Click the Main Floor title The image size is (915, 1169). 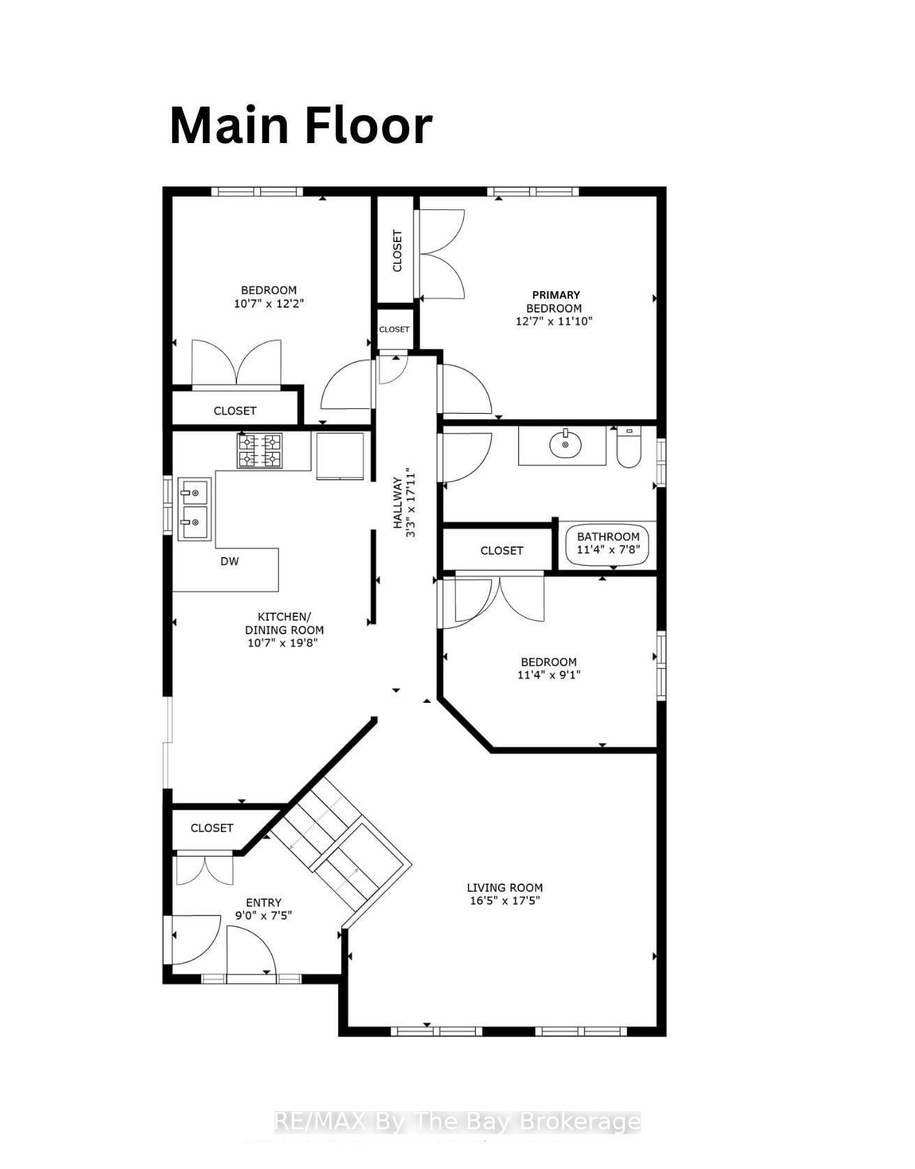301,126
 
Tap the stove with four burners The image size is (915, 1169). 259,450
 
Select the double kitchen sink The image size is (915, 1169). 194,509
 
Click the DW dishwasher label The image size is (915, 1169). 229,561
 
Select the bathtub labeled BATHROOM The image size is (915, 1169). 607,543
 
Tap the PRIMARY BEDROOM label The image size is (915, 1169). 554,301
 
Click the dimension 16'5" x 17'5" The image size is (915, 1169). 505,901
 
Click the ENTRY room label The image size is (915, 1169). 264,902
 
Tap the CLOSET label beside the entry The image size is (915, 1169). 211,828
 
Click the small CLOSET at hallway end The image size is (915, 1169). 394,329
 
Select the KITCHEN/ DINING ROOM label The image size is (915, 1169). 285,623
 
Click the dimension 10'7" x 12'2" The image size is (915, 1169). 269,304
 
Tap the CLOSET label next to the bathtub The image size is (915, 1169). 501,551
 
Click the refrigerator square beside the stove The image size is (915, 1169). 340,456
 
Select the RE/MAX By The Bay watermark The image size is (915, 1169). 457,1122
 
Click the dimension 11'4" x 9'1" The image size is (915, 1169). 549,675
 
